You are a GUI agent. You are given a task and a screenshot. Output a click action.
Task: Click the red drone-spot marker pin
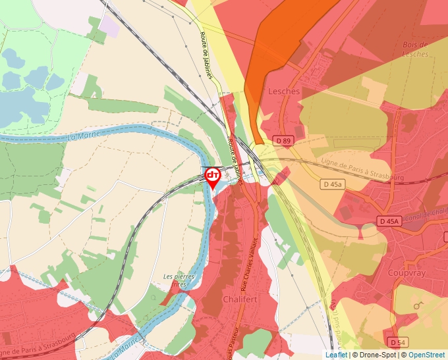(213, 176)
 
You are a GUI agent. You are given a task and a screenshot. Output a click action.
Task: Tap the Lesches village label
(284, 91)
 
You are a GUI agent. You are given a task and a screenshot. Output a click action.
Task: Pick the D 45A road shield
(389, 220)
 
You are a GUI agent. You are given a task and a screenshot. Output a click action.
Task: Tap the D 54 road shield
(397, 342)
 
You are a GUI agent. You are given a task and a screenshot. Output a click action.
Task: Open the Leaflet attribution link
(335, 355)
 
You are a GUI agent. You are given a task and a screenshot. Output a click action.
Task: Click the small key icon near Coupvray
(418, 305)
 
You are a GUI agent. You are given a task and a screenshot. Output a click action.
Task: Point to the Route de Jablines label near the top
(209, 56)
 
